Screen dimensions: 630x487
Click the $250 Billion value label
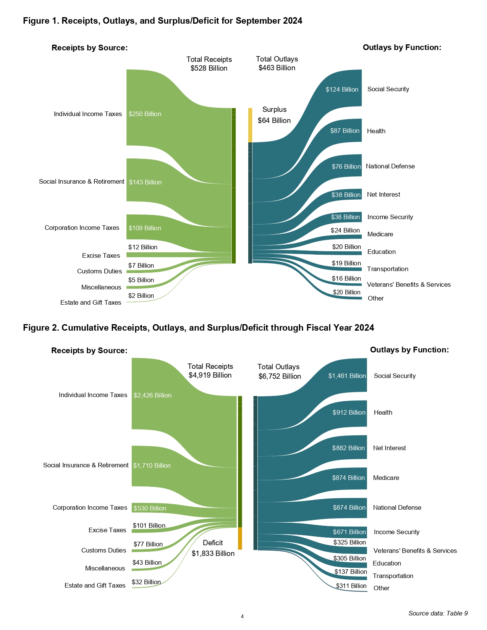pos(145,114)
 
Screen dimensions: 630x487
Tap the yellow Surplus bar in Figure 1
pos(250,125)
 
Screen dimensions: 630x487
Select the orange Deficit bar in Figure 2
pos(240,538)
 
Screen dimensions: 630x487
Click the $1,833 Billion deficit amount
pos(213,553)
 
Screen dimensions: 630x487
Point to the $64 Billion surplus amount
pos(274,120)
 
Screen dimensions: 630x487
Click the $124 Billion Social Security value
pos(342,89)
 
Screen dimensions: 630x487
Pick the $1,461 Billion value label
pos(347,376)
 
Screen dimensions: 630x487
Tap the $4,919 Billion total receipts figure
pos(210,375)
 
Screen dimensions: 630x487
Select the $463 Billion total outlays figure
pos(277,68)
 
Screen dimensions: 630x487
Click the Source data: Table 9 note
pos(438,613)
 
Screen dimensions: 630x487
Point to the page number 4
pos(242,616)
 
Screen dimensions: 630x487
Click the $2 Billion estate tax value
pos(141,296)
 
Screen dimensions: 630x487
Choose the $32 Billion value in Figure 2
pos(146,582)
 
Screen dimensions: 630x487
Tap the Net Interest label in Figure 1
pos(383,194)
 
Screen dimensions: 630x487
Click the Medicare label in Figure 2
pos(386,478)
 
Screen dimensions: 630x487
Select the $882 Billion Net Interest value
pos(348,448)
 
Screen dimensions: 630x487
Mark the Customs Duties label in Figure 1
pos(99,271)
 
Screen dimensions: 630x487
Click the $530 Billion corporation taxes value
pos(150,508)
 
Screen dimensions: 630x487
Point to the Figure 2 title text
pos(199,328)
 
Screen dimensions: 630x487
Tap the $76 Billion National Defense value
pos(346,166)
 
